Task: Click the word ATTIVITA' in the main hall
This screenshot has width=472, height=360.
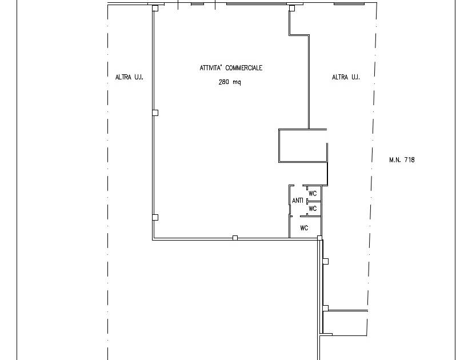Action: tap(211, 68)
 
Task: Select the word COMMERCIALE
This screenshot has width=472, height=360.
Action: tap(244, 68)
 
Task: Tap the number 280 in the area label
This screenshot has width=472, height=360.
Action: tap(224, 82)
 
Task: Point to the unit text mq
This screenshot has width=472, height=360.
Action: tap(237, 82)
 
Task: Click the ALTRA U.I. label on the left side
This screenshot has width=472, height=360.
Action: tap(129, 77)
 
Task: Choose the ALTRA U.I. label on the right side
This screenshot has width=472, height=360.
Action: tap(346, 77)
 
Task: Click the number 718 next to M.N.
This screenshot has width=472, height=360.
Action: tap(410, 159)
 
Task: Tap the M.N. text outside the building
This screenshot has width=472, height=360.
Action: tap(395, 159)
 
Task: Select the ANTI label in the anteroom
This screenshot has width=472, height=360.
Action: tap(297, 200)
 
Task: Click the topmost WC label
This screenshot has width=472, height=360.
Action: tap(313, 193)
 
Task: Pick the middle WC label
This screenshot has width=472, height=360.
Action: tap(313, 209)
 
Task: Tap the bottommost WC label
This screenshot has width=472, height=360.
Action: tap(305, 228)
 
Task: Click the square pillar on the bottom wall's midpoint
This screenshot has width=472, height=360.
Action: tap(235, 238)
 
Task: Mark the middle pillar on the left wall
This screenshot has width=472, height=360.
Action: tap(155, 113)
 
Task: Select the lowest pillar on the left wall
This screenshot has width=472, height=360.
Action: tap(155, 217)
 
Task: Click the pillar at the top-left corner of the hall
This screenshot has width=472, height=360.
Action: tap(155, 8)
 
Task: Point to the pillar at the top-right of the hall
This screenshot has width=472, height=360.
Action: tap(291, 8)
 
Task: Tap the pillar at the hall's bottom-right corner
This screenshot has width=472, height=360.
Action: tap(319, 238)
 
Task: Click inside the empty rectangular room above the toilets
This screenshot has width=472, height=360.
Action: tap(303, 146)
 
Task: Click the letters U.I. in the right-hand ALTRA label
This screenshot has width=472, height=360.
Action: tap(354, 77)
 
